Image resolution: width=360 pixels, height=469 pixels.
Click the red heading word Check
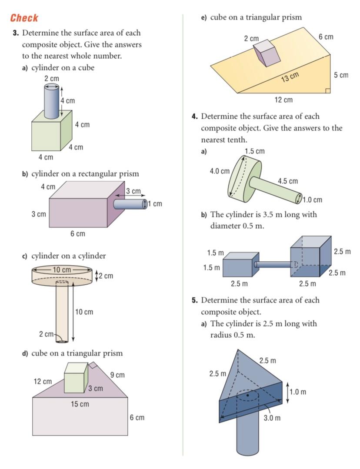coord(24,18)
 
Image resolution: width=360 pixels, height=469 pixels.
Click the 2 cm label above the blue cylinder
coord(51,79)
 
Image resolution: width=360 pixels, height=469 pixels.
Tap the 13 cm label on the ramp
coord(290,77)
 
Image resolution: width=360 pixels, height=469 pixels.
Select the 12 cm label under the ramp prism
coord(283,100)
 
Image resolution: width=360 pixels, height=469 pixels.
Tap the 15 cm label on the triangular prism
coord(80,404)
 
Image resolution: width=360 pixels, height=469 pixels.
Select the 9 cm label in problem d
coord(117,375)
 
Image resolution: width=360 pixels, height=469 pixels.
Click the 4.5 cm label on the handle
coord(287,181)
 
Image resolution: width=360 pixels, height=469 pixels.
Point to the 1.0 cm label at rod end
coord(312,200)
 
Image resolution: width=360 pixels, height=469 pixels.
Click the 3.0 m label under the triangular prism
coord(272,418)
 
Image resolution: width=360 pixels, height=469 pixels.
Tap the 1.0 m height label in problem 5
coord(298,392)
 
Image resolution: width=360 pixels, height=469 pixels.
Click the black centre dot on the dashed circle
coord(247,396)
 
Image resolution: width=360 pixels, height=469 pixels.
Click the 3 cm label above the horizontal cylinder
coord(133,191)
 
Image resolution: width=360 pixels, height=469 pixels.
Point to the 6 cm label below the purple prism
coord(78,234)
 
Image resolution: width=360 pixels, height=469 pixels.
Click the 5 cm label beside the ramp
coord(341,75)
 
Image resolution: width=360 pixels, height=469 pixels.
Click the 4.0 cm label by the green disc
coord(220,171)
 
